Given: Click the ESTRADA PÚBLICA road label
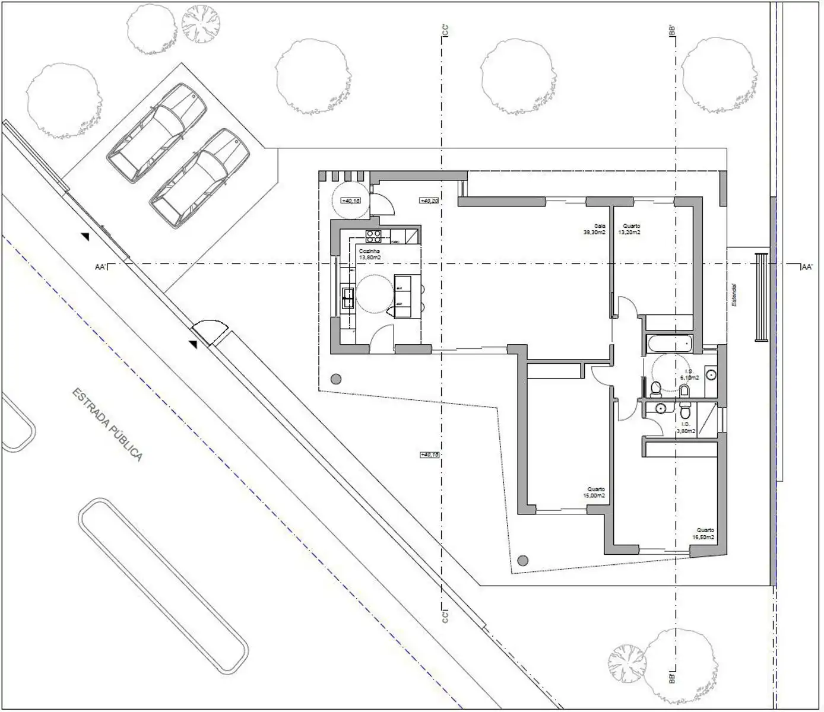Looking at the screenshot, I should click(107, 425).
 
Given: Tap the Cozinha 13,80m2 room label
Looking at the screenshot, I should click(370, 255).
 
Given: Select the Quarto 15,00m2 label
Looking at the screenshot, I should click(594, 492).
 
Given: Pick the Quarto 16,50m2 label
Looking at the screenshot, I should click(704, 533).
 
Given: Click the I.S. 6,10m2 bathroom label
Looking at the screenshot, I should click(689, 374).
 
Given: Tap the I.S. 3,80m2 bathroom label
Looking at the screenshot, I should click(687, 428).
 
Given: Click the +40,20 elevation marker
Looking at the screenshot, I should click(429, 201).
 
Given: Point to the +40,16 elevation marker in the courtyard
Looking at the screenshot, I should click(429, 454).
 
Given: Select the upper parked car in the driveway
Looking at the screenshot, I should click(157, 133).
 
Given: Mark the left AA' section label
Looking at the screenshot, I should click(100, 268).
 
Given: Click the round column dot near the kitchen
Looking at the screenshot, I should click(336, 379).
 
